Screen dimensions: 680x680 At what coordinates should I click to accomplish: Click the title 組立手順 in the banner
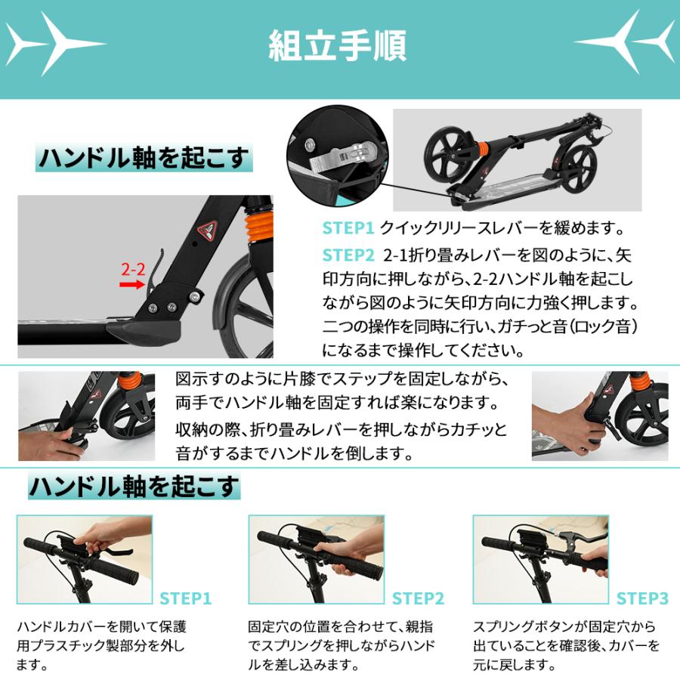[338, 45]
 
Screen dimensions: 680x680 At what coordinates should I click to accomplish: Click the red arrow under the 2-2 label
[131, 285]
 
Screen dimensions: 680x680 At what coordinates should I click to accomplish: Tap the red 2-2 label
[133, 269]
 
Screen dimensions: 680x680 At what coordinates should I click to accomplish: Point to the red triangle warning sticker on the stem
[208, 230]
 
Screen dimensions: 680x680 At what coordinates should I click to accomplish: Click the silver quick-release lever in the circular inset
[342, 157]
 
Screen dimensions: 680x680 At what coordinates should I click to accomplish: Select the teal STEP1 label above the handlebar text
[186, 598]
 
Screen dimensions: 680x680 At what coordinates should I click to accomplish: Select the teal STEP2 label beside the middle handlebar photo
[418, 598]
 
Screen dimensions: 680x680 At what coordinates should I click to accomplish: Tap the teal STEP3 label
[642, 598]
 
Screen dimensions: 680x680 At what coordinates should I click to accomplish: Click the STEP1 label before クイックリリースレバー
[348, 228]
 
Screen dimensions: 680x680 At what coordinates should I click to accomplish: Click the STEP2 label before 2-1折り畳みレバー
[348, 255]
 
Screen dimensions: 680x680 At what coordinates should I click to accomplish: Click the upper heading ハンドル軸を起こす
[144, 158]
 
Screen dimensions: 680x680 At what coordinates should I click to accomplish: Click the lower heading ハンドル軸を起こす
[134, 486]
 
